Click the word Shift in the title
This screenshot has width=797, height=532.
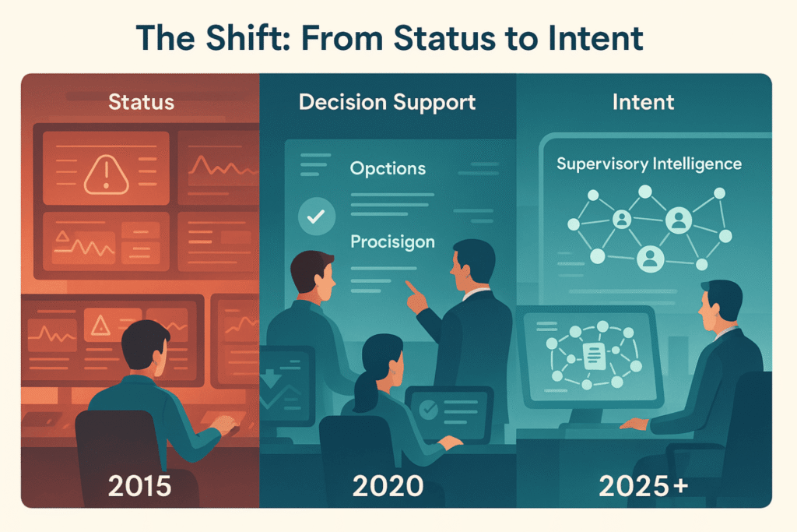tap(248, 38)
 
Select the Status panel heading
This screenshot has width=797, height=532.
tap(142, 102)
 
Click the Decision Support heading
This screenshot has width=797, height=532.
tap(388, 102)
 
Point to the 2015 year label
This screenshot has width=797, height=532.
tap(140, 486)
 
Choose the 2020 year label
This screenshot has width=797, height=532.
tap(388, 486)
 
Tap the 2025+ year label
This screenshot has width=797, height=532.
tap(644, 486)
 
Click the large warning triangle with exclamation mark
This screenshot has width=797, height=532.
tap(106, 174)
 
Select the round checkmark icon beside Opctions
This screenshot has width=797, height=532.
tap(317, 217)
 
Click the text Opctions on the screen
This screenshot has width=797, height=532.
tap(388, 168)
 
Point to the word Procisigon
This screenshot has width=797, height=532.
tap(392, 241)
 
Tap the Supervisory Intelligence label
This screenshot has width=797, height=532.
tap(649, 164)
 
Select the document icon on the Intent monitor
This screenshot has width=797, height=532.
tap(594, 355)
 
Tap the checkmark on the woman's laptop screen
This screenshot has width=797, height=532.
tap(428, 408)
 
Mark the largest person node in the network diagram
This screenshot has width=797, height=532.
tap(679, 220)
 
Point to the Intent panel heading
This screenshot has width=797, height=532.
tap(643, 102)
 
